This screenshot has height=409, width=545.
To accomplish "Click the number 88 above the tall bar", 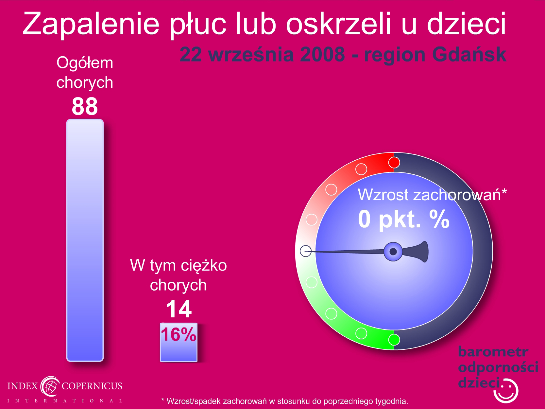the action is click(x=85, y=106).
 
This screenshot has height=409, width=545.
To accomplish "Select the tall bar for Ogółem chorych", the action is click(x=85, y=240).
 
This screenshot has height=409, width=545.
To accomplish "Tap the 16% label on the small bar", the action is click(x=179, y=334).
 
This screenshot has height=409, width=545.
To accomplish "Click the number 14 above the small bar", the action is click(x=179, y=309).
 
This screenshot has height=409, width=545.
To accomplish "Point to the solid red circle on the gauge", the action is click(x=394, y=163).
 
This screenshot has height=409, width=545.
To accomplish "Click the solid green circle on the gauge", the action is click(x=394, y=340).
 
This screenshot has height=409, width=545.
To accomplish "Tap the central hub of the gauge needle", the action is click(x=393, y=252).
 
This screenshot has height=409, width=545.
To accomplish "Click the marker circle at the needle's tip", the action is click(x=306, y=251).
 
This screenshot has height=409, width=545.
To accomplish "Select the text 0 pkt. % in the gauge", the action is click(x=404, y=219).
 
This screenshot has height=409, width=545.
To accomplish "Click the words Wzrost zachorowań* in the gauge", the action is click(x=432, y=195).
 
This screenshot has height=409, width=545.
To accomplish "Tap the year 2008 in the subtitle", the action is click(x=322, y=55).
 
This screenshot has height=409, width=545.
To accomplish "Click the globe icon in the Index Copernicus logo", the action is click(x=50, y=386).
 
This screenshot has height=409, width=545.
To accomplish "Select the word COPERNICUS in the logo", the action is click(x=92, y=386).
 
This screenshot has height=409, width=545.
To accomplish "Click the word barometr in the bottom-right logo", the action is click(x=493, y=352).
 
